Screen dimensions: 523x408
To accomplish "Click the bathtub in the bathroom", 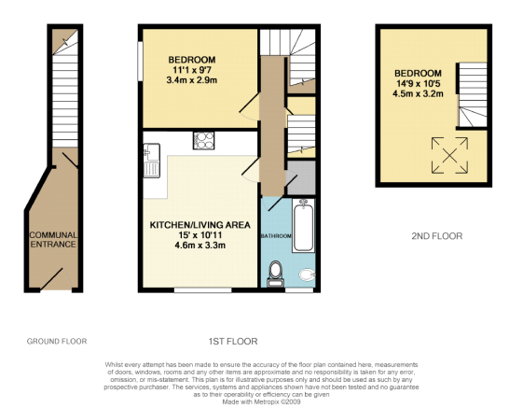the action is (x=304, y=226).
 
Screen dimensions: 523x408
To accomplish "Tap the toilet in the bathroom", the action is (x=276, y=274).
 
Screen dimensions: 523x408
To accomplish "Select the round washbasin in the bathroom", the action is (x=307, y=274).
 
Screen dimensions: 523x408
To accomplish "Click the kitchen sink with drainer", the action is (x=151, y=161).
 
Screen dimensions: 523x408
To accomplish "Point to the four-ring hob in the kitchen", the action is (x=203, y=140).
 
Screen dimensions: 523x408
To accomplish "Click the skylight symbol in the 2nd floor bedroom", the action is (x=449, y=155).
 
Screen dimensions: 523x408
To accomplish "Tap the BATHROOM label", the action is (x=276, y=236).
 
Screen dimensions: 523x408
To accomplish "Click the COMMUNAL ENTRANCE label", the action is (x=53, y=240).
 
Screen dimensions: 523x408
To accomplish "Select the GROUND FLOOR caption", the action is (x=57, y=341).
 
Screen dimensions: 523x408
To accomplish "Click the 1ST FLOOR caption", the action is (x=233, y=341).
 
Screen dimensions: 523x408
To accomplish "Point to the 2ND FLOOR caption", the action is (x=437, y=236).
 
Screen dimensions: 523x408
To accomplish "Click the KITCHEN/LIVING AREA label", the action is (x=200, y=225).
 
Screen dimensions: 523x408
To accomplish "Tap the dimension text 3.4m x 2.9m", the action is (x=192, y=80).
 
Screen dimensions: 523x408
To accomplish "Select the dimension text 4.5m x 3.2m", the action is (x=418, y=93).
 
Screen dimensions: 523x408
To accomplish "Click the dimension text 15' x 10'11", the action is (x=200, y=235).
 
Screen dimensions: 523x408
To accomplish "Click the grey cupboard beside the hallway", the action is (x=301, y=177).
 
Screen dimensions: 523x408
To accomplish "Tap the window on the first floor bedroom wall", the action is (x=141, y=61).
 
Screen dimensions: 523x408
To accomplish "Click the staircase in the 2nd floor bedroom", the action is (x=473, y=95).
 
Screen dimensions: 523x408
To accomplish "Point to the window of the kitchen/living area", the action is (x=203, y=290).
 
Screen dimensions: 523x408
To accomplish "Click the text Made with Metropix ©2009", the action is (x=261, y=401).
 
